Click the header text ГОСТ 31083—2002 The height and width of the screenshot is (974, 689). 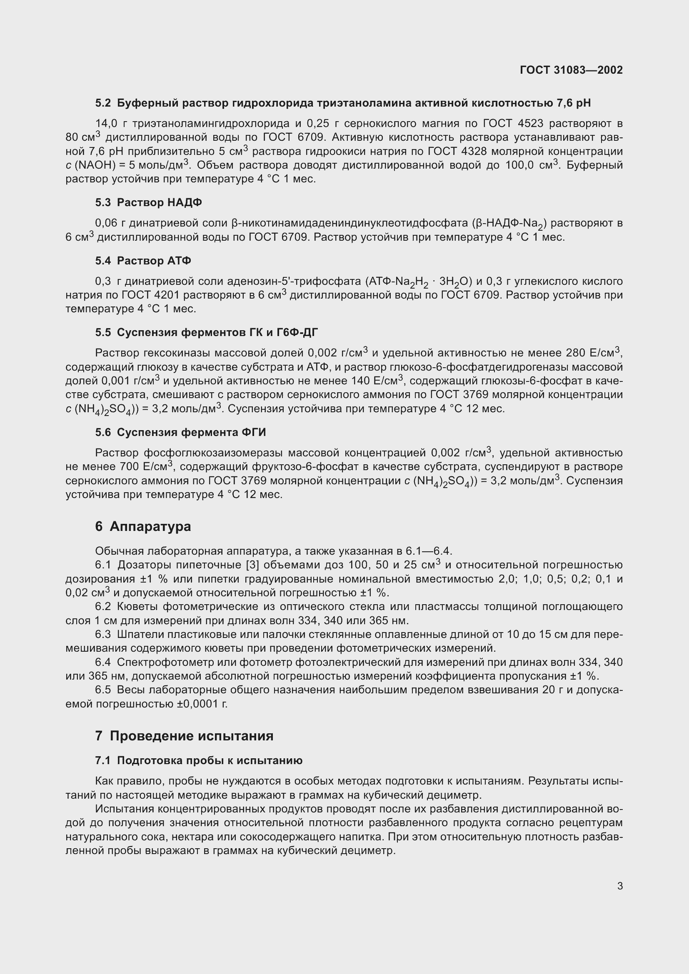[571, 70]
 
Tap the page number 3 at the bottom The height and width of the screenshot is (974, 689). [620, 886]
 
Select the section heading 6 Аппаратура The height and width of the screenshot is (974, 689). [143, 526]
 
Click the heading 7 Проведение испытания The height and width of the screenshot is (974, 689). [184, 736]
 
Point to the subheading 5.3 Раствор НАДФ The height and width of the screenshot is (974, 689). [148, 203]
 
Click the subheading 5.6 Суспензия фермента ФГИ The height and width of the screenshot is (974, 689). [180, 432]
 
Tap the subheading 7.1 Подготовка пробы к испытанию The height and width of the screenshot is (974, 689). [199, 761]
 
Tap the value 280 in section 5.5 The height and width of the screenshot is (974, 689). [575, 353]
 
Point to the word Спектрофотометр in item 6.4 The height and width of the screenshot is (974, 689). [165, 662]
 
